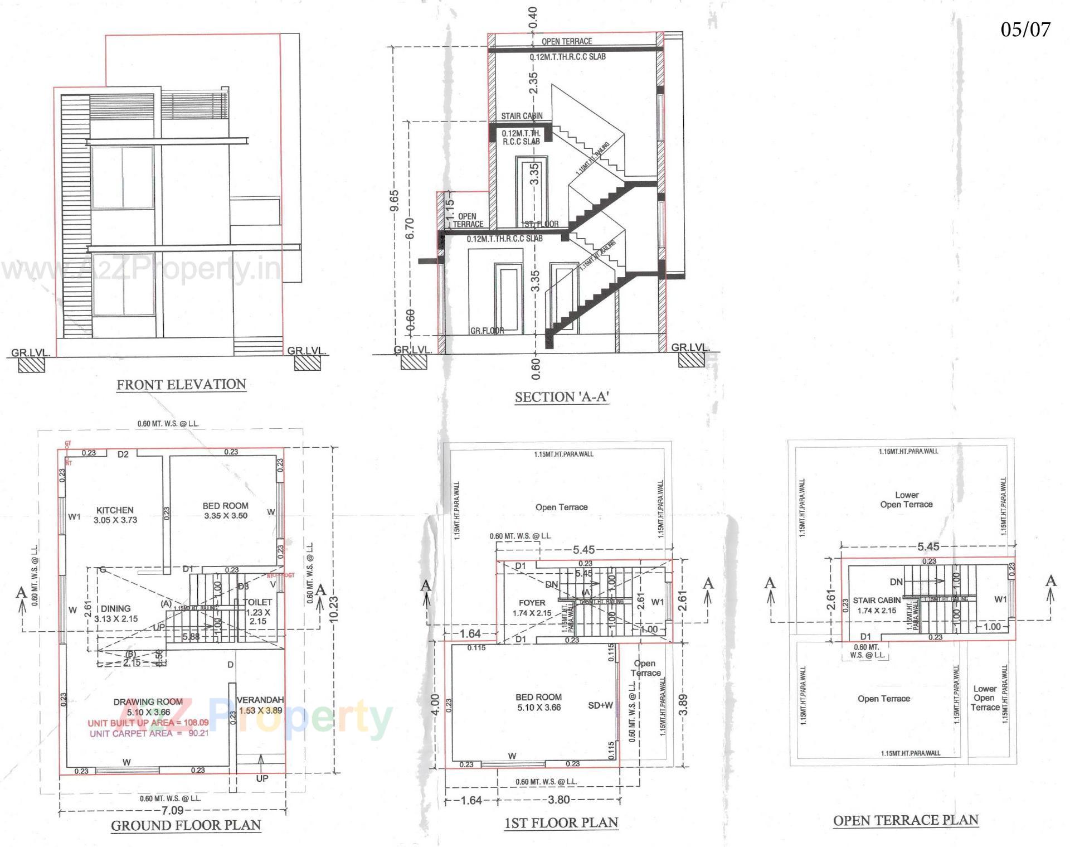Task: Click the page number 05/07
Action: (1025, 30)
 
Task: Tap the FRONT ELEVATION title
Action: (181, 385)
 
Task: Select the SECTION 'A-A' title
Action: (561, 398)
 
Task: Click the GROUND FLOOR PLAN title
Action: (186, 826)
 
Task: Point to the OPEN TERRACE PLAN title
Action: (906, 820)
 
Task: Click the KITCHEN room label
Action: (115, 510)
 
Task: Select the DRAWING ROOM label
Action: (148, 702)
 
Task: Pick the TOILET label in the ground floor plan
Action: (258, 602)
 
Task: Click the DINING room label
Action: (116, 609)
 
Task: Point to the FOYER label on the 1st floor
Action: (532, 603)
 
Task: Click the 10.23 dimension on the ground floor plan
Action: (334, 611)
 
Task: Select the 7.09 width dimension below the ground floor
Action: (172, 811)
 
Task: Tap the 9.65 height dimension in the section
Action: (394, 201)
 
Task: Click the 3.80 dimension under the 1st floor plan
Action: (558, 800)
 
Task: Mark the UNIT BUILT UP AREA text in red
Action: (148, 723)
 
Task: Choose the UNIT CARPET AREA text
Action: (149, 733)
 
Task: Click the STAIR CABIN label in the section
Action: (522, 116)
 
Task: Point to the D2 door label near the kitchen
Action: (123, 454)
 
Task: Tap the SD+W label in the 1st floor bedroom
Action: (600, 705)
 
